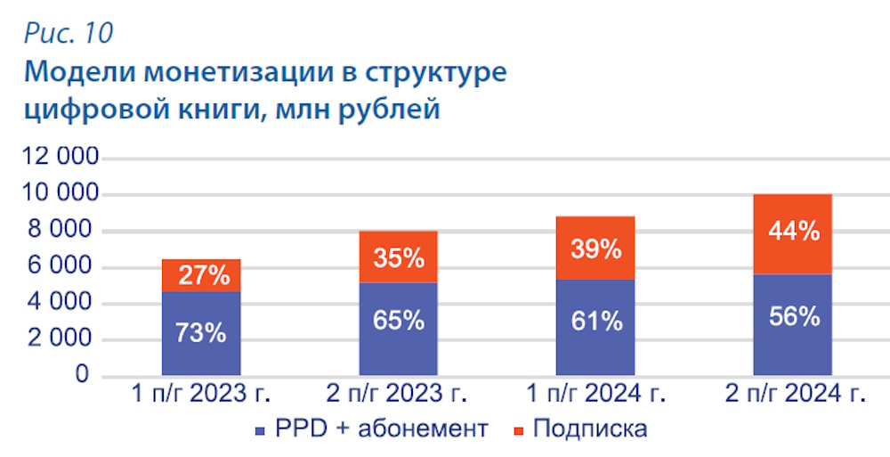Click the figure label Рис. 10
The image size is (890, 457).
click(69, 33)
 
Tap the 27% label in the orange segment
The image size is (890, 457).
click(202, 275)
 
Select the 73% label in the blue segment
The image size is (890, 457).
click(201, 334)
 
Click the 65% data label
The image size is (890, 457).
click(399, 321)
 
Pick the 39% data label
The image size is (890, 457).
click(595, 249)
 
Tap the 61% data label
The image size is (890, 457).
click(595, 321)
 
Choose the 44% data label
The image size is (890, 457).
click(793, 233)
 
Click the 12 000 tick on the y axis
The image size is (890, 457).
click(61, 159)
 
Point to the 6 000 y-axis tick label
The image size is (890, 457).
click(68, 267)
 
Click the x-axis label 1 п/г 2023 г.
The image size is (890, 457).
click(202, 395)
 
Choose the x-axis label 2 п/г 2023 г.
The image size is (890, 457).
click(399, 395)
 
